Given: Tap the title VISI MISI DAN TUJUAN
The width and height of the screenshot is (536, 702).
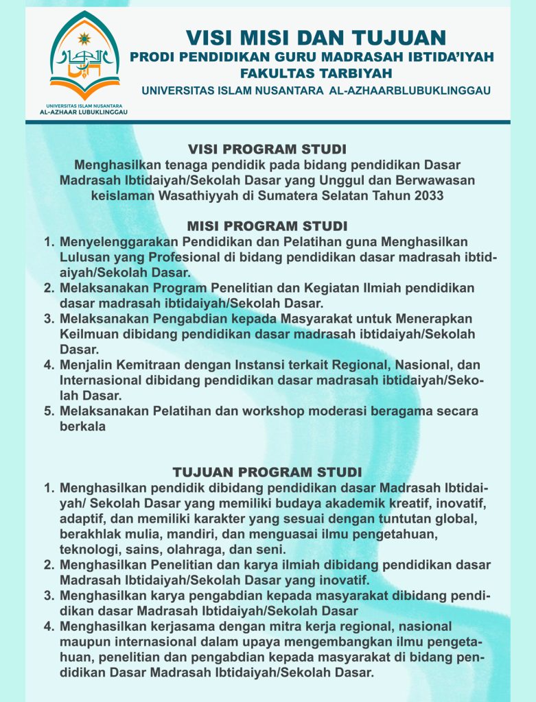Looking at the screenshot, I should pyautogui.click(x=316, y=36).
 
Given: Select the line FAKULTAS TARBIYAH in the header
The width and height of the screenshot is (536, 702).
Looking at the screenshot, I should pyautogui.click(x=316, y=72).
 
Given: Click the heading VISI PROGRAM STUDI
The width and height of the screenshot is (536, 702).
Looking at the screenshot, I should pyautogui.click(x=267, y=149).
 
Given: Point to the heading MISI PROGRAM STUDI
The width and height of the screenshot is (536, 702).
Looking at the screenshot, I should pyautogui.click(x=267, y=226).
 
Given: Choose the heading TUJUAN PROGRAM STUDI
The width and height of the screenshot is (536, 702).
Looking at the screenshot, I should pyautogui.click(x=267, y=472).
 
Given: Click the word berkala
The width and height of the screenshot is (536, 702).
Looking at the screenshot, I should pyautogui.click(x=82, y=426).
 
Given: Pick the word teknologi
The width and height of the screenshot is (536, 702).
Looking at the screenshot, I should pyautogui.click(x=89, y=550).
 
